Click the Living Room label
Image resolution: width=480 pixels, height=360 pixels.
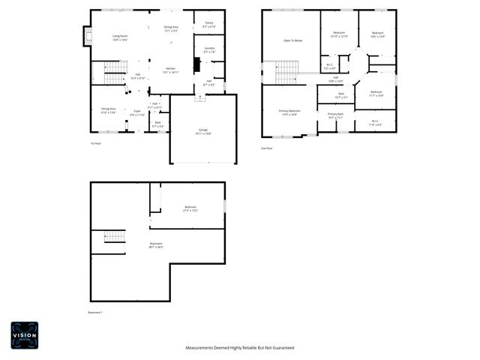(x=119, y=37)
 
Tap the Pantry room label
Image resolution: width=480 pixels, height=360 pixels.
(x=208, y=24)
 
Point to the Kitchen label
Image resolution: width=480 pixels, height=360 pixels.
(x=170, y=70)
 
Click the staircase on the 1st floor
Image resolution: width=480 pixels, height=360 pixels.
(x=113, y=77)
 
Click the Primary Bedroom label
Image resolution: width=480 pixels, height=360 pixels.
(x=289, y=112)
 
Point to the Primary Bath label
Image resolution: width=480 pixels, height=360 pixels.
(x=335, y=115)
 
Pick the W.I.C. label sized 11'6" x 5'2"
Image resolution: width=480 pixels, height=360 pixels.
(x=375, y=122)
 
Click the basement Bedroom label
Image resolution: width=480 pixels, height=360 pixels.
(x=190, y=208)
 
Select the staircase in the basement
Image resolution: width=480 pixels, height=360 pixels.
(x=114, y=237)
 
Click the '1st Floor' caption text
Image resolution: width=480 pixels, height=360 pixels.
(x=95, y=142)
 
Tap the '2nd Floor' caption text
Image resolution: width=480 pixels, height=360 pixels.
(x=266, y=148)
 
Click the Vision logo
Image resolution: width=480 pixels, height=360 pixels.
(x=24, y=334)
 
